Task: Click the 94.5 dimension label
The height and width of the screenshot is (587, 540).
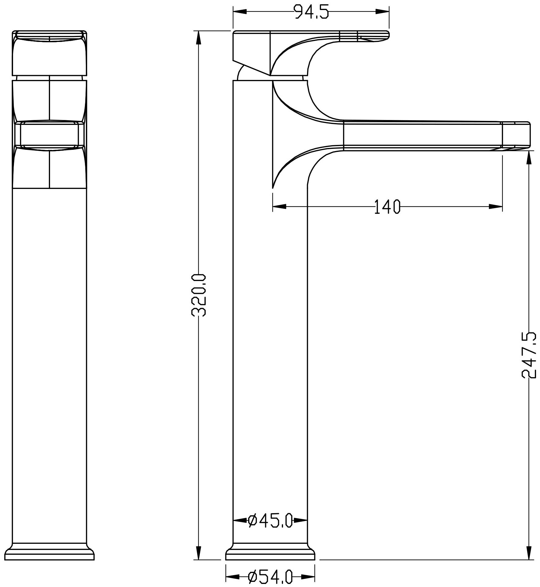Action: pos(311,12)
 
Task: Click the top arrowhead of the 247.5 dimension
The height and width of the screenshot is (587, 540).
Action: pos(529,157)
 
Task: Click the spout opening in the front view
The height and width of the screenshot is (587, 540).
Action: pos(49,134)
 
